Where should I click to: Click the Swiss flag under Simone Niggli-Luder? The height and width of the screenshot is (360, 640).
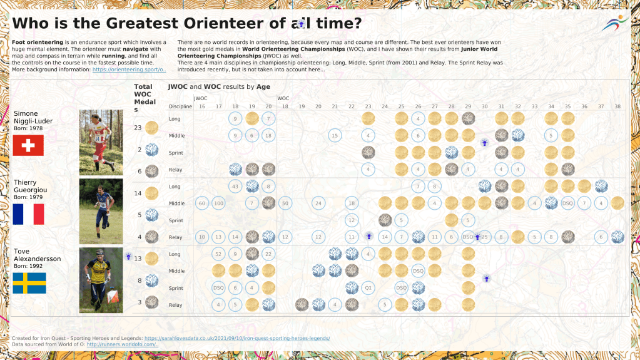[x=28, y=145]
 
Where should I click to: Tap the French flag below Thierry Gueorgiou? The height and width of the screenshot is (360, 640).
[x=28, y=214]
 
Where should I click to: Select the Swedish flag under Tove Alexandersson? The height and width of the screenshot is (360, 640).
[x=29, y=283]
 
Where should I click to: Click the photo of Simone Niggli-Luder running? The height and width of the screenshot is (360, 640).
[x=101, y=142]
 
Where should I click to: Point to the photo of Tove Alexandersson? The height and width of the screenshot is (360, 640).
[x=101, y=280]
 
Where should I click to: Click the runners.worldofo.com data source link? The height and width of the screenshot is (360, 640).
[x=123, y=344]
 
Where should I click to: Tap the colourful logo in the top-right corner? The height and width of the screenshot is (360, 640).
[x=616, y=23]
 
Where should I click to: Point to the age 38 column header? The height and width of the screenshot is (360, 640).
[x=617, y=106]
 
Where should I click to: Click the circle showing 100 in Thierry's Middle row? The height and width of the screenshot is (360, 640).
[x=218, y=203]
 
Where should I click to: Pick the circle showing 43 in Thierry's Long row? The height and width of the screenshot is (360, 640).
[x=235, y=186]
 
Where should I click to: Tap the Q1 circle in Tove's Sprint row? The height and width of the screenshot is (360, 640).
[x=368, y=288]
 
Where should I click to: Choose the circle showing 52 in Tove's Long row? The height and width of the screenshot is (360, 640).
[x=218, y=254]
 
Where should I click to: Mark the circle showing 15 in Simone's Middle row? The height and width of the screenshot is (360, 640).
[x=335, y=135]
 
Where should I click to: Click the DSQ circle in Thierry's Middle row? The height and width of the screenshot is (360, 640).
[x=567, y=203]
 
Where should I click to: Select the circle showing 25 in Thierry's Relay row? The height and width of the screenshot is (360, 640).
[x=484, y=237]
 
